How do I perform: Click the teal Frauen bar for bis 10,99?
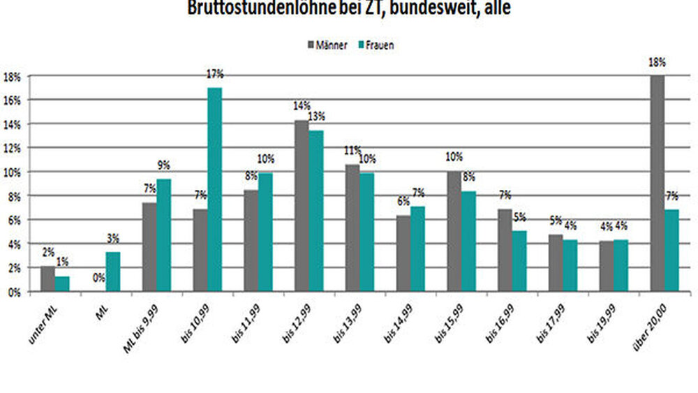pyautogui.click(x=214, y=189)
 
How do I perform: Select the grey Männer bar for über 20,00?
pyautogui.click(x=657, y=184)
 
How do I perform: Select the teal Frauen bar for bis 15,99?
pyautogui.click(x=469, y=242)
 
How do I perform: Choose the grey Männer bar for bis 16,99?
pyautogui.click(x=505, y=250)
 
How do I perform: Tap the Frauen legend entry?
pyautogui.click(x=376, y=45)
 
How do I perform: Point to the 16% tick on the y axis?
pyautogui.click(x=13, y=100)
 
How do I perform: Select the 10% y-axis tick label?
pyautogui.click(x=13, y=172)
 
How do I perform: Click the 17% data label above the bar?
pyautogui.click(x=214, y=73)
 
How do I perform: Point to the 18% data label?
pyautogui.click(x=657, y=62)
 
